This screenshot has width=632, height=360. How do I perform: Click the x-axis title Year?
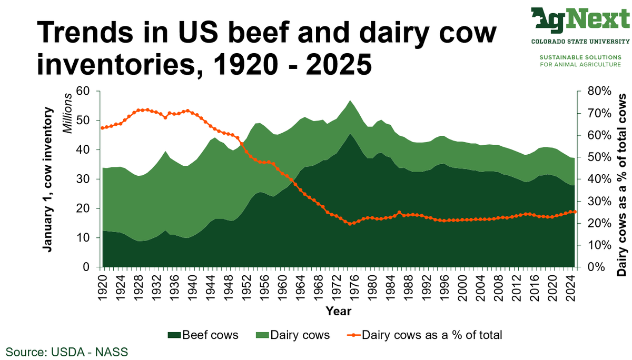[x=338, y=311]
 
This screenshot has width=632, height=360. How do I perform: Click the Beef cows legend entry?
[x=203, y=335]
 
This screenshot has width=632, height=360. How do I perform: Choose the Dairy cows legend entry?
[x=292, y=335]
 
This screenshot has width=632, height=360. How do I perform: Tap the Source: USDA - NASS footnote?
[x=67, y=351]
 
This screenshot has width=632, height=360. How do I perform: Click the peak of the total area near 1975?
[x=350, y=101]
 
